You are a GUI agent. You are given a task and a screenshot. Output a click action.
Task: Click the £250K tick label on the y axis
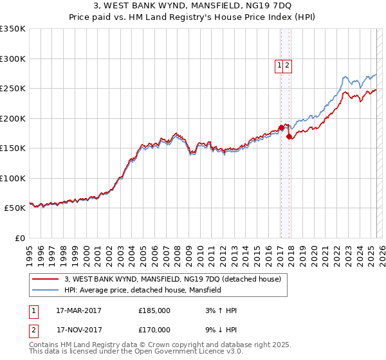[x=13, y=89]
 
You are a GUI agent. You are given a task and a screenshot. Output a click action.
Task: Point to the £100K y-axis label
[x=13, y=178]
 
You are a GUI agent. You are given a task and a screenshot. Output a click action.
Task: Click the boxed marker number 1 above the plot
[x=280, y=65]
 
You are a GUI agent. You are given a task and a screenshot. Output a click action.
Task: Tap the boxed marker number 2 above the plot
[x=287, y=65]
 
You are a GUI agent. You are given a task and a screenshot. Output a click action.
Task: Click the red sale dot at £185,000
[x=281, y=127]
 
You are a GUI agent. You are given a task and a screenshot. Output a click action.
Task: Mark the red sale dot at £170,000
[x=289, y=136]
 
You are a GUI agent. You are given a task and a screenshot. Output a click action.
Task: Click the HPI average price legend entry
[x=142, y=291]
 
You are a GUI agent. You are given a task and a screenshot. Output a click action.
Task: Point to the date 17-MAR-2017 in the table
[x=78, y=310]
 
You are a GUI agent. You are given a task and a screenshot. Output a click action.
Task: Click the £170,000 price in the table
[x=154, y=330]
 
